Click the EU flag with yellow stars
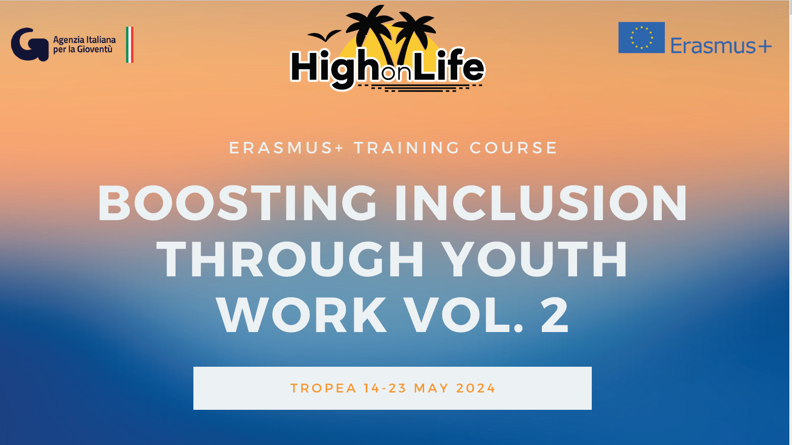click(641, 37)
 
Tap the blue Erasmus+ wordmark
click(721, 46)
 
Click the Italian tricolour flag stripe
click(130, 45)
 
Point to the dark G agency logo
click(30, 44)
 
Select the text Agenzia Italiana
click(85, 40)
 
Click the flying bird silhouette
click(324, 35)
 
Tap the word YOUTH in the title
click(535, 259)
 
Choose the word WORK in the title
click(302, 315)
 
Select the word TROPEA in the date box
click(323, 388)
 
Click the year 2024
click(476, 388)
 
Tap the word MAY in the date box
click(431, 388)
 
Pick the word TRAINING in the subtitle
click(407, 148)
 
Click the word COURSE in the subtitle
click(513, 148)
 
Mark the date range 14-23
click(385, 388)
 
